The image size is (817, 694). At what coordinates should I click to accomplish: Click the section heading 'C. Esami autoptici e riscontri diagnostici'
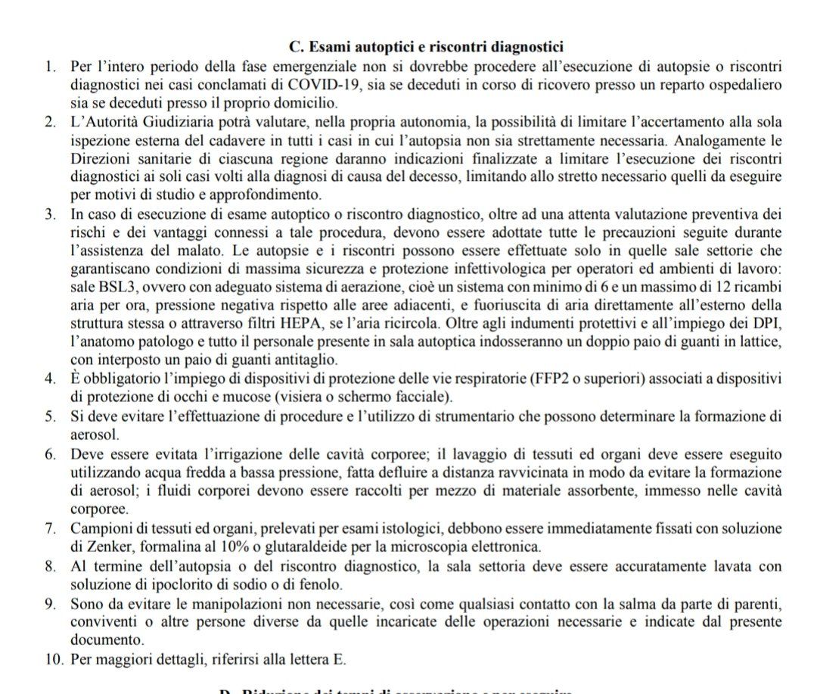[427, 48]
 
